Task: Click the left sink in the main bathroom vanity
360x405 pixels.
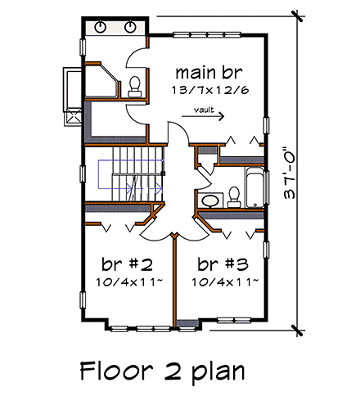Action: [100, 27]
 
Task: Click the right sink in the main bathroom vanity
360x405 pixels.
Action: [131, 27]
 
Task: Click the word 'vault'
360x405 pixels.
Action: [204, 108]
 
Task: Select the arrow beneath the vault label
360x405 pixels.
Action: [203, 117]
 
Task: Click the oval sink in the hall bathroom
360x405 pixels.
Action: [209, 199]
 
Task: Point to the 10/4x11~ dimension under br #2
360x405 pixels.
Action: [127, 282]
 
